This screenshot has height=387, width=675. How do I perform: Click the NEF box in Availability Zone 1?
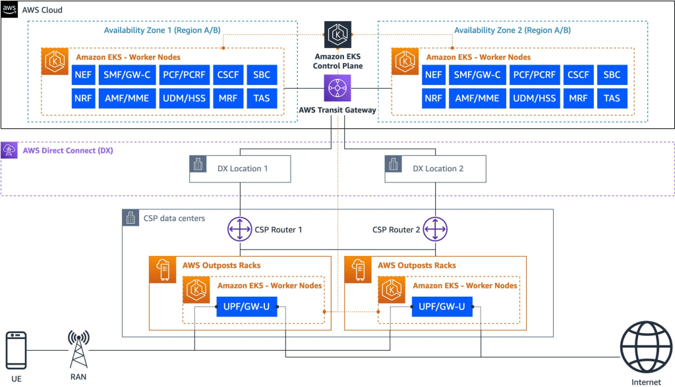point(84,75)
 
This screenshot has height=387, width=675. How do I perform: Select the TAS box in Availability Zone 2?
point(612,98)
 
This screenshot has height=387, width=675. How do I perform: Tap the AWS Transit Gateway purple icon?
point(337,88)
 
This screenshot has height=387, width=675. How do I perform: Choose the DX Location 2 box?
point(435,168)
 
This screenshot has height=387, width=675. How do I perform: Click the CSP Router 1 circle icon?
point(240,230)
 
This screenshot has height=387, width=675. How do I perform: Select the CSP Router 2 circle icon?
point(435,230)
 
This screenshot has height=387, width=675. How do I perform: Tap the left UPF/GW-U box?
point(247,306)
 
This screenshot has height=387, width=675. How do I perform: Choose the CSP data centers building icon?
point(131,217)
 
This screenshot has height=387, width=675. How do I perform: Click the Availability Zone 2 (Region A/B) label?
point(512,30)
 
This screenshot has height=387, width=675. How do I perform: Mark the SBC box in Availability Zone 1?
point(262,75)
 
